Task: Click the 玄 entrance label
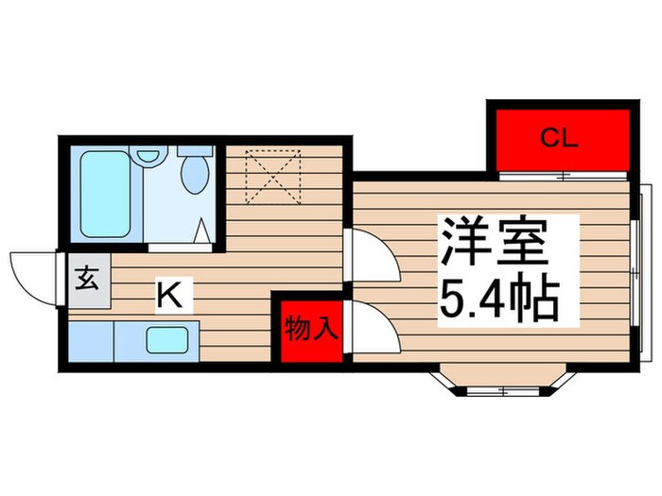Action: click(86, 280)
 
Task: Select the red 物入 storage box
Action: click(309, 330)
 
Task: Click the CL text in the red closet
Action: click(558, 139)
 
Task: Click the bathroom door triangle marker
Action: click(201, 231)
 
